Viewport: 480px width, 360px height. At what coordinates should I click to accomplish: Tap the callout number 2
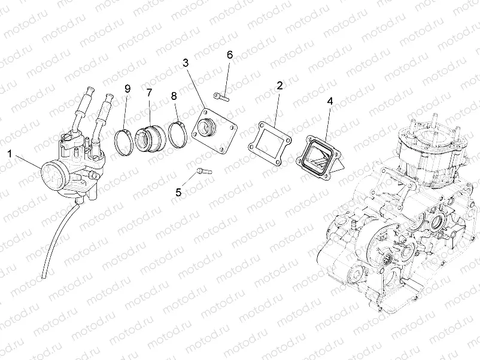(280, 86)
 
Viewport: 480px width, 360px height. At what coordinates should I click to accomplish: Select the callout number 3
(186, 63)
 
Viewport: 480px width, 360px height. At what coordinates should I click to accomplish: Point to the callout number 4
(329, 102)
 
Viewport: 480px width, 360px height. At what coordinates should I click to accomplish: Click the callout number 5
(178, 192)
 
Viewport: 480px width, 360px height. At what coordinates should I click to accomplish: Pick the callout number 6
(229, 55)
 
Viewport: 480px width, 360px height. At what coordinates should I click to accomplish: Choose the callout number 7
(149, 93)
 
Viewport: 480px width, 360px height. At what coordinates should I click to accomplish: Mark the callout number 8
(174, 96)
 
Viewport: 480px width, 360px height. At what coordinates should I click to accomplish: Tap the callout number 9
(127, 89)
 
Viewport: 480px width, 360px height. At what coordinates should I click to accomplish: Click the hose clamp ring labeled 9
(124, 141)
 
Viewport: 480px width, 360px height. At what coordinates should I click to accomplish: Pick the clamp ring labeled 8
(176, 135)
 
